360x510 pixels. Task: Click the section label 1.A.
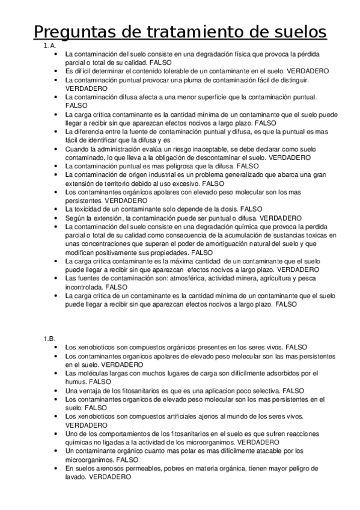pos(49,46)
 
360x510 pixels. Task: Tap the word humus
pos(75,382)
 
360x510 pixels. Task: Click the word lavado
pos(75,476)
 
